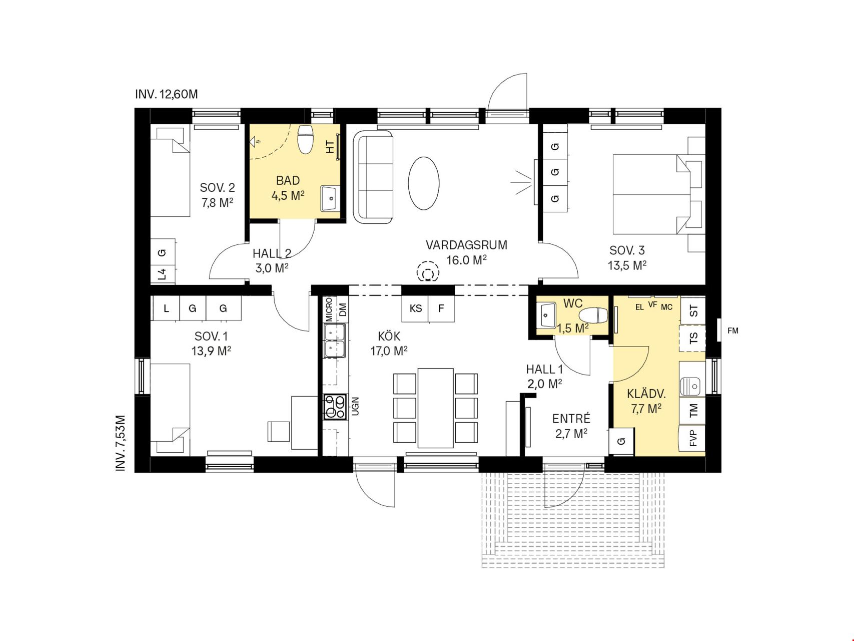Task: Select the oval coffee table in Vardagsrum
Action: pyautogui.click(x=424, y=183)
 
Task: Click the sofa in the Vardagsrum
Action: pyautogui.click(x=373, y=177)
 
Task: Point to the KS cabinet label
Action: pyautogui.click(x=416, y=308)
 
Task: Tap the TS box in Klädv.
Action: pyautogui.click(x=693, y=339)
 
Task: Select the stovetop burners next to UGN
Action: pyautogui.click(x=335, y=407)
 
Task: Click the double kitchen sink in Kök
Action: pyautogui.click(x=334, y=341)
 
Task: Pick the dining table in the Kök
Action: pyautogui.click(x=436, y=408)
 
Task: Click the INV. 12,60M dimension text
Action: pyautogui.click(x=167, y=94)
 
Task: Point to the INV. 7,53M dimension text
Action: pyautogui.click(x=121, y=443)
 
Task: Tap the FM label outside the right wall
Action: pyautogui.click(x=732, y=331)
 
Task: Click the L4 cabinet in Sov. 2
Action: pyautogui.click(x=163, y=274)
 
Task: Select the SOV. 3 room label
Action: pyautogui.click(x=627, y=250)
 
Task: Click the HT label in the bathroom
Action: pyautogui.click(x=330, y=147)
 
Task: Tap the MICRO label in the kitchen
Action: pyautogui.click(x=329, y=309)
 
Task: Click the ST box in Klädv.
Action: pyautogui.click(x=693, y=311)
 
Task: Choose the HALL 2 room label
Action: pyautogui.click(x=272, y=254)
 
